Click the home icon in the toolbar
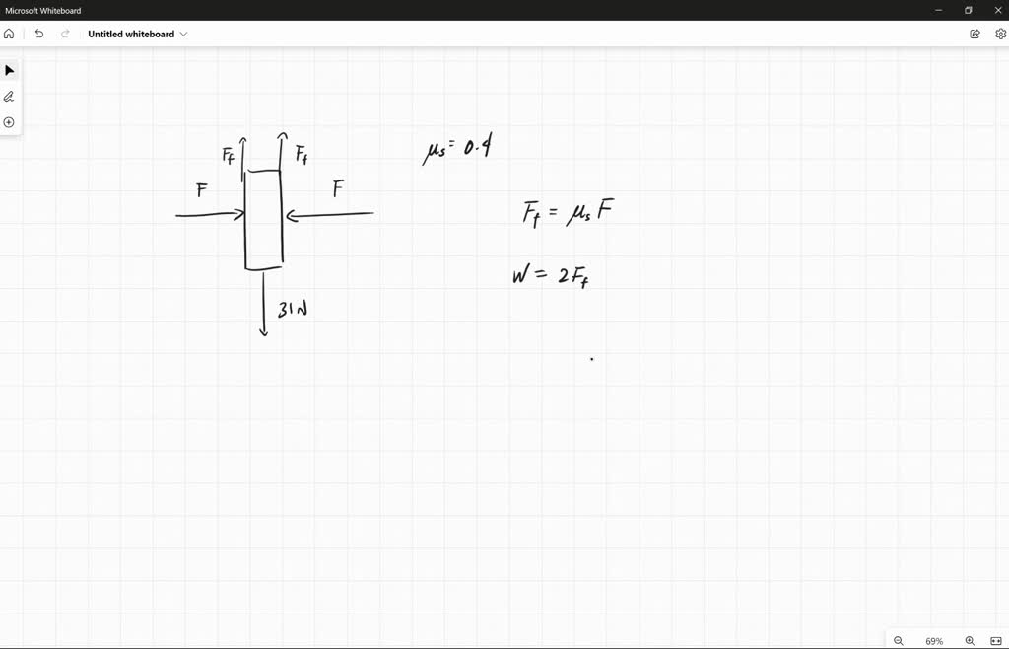[9, 34]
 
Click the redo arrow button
[65, 34]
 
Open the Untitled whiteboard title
[131, 35]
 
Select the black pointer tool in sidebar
[9, 70]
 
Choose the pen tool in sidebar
[9, 97]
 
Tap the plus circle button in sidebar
[9, 122]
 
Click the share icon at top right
[975, 34]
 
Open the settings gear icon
[1001, 34]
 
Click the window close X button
[998, 10]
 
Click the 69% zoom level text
[934, 641]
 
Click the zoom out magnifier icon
[899, 641]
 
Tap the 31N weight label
[293, 309]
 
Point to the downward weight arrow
[263, 304]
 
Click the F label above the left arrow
[202, 190]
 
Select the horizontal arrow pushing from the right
[329, 214]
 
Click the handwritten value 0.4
[478, 148]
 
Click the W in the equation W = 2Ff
[521, 275]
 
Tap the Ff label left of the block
[228, 155]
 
